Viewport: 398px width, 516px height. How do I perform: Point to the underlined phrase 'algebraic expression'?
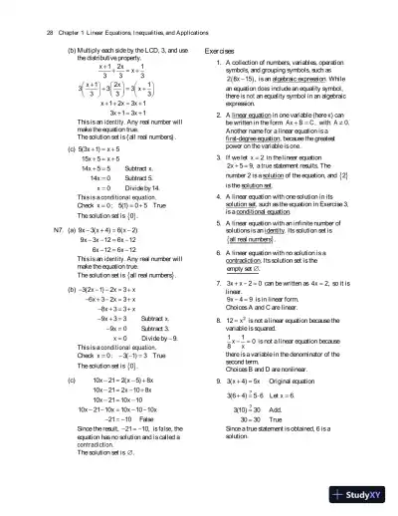284,89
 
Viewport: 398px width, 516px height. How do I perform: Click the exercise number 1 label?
217,63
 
